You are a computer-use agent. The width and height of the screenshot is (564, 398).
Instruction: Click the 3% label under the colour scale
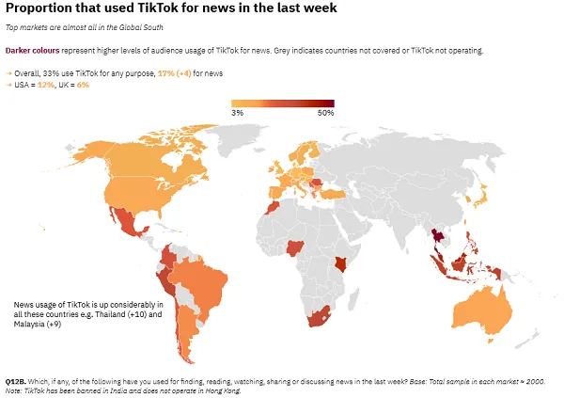coord(237,113)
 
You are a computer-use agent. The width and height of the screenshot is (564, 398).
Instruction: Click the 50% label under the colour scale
coord(325,113)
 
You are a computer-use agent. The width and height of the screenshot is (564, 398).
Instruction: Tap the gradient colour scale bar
coord(282,103)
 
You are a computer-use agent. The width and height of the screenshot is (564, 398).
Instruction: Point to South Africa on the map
coord(324,320)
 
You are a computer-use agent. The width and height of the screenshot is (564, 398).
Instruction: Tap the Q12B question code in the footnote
coord(16,381)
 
